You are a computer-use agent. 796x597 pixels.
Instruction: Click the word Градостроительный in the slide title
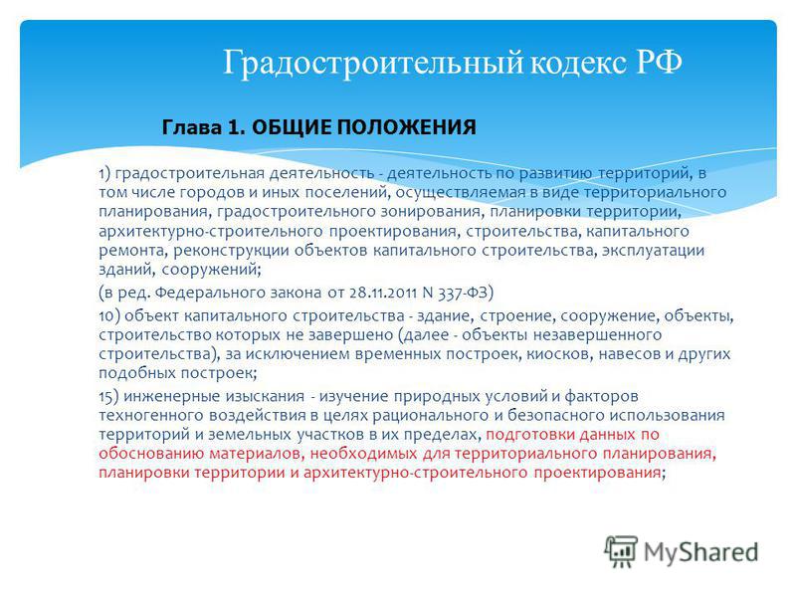coord(374,63)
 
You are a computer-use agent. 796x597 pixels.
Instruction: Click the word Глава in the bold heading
coord(192,127)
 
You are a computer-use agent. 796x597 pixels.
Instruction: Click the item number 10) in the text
coord(109,315)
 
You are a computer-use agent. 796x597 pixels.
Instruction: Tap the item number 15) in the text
coord(108,396)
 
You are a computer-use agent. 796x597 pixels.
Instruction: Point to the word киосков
coord(560,354)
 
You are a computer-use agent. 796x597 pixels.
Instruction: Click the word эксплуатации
coord(653,251)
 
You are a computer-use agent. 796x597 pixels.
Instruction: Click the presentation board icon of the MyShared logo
coord(621,551)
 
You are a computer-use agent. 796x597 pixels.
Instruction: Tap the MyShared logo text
coord(700,552)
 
